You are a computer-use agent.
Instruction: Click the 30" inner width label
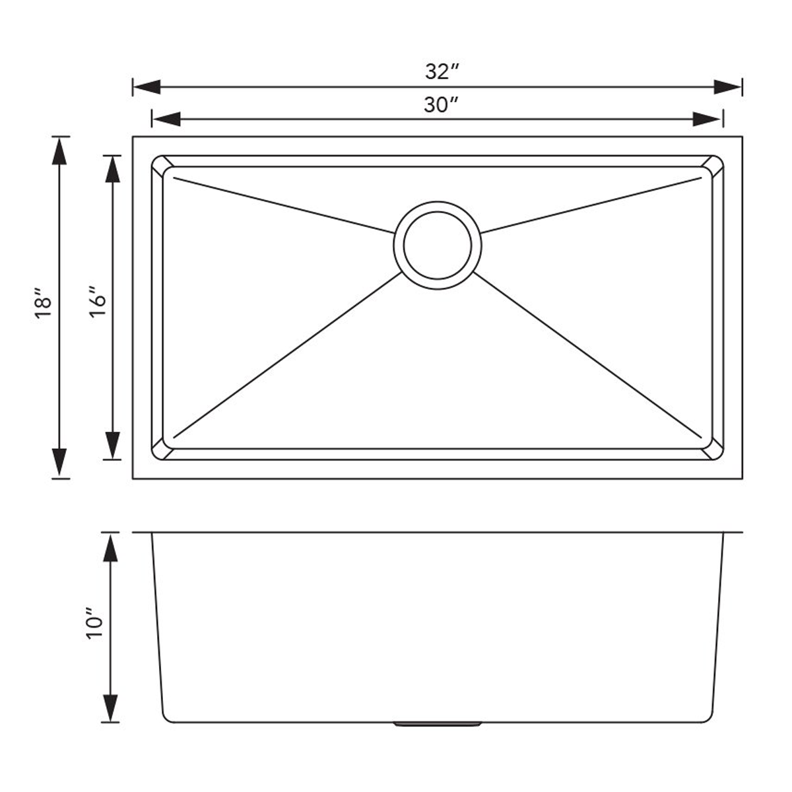[x=441, y=105]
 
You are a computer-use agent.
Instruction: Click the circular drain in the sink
[x=438, y=246]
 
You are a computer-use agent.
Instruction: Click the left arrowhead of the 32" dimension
[x=147, y=87]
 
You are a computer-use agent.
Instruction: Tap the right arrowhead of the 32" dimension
[x=728, y=87]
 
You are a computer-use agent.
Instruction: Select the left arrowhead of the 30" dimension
[x=166, y=119]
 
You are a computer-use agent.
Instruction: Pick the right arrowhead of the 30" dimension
[x=708, y=119]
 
